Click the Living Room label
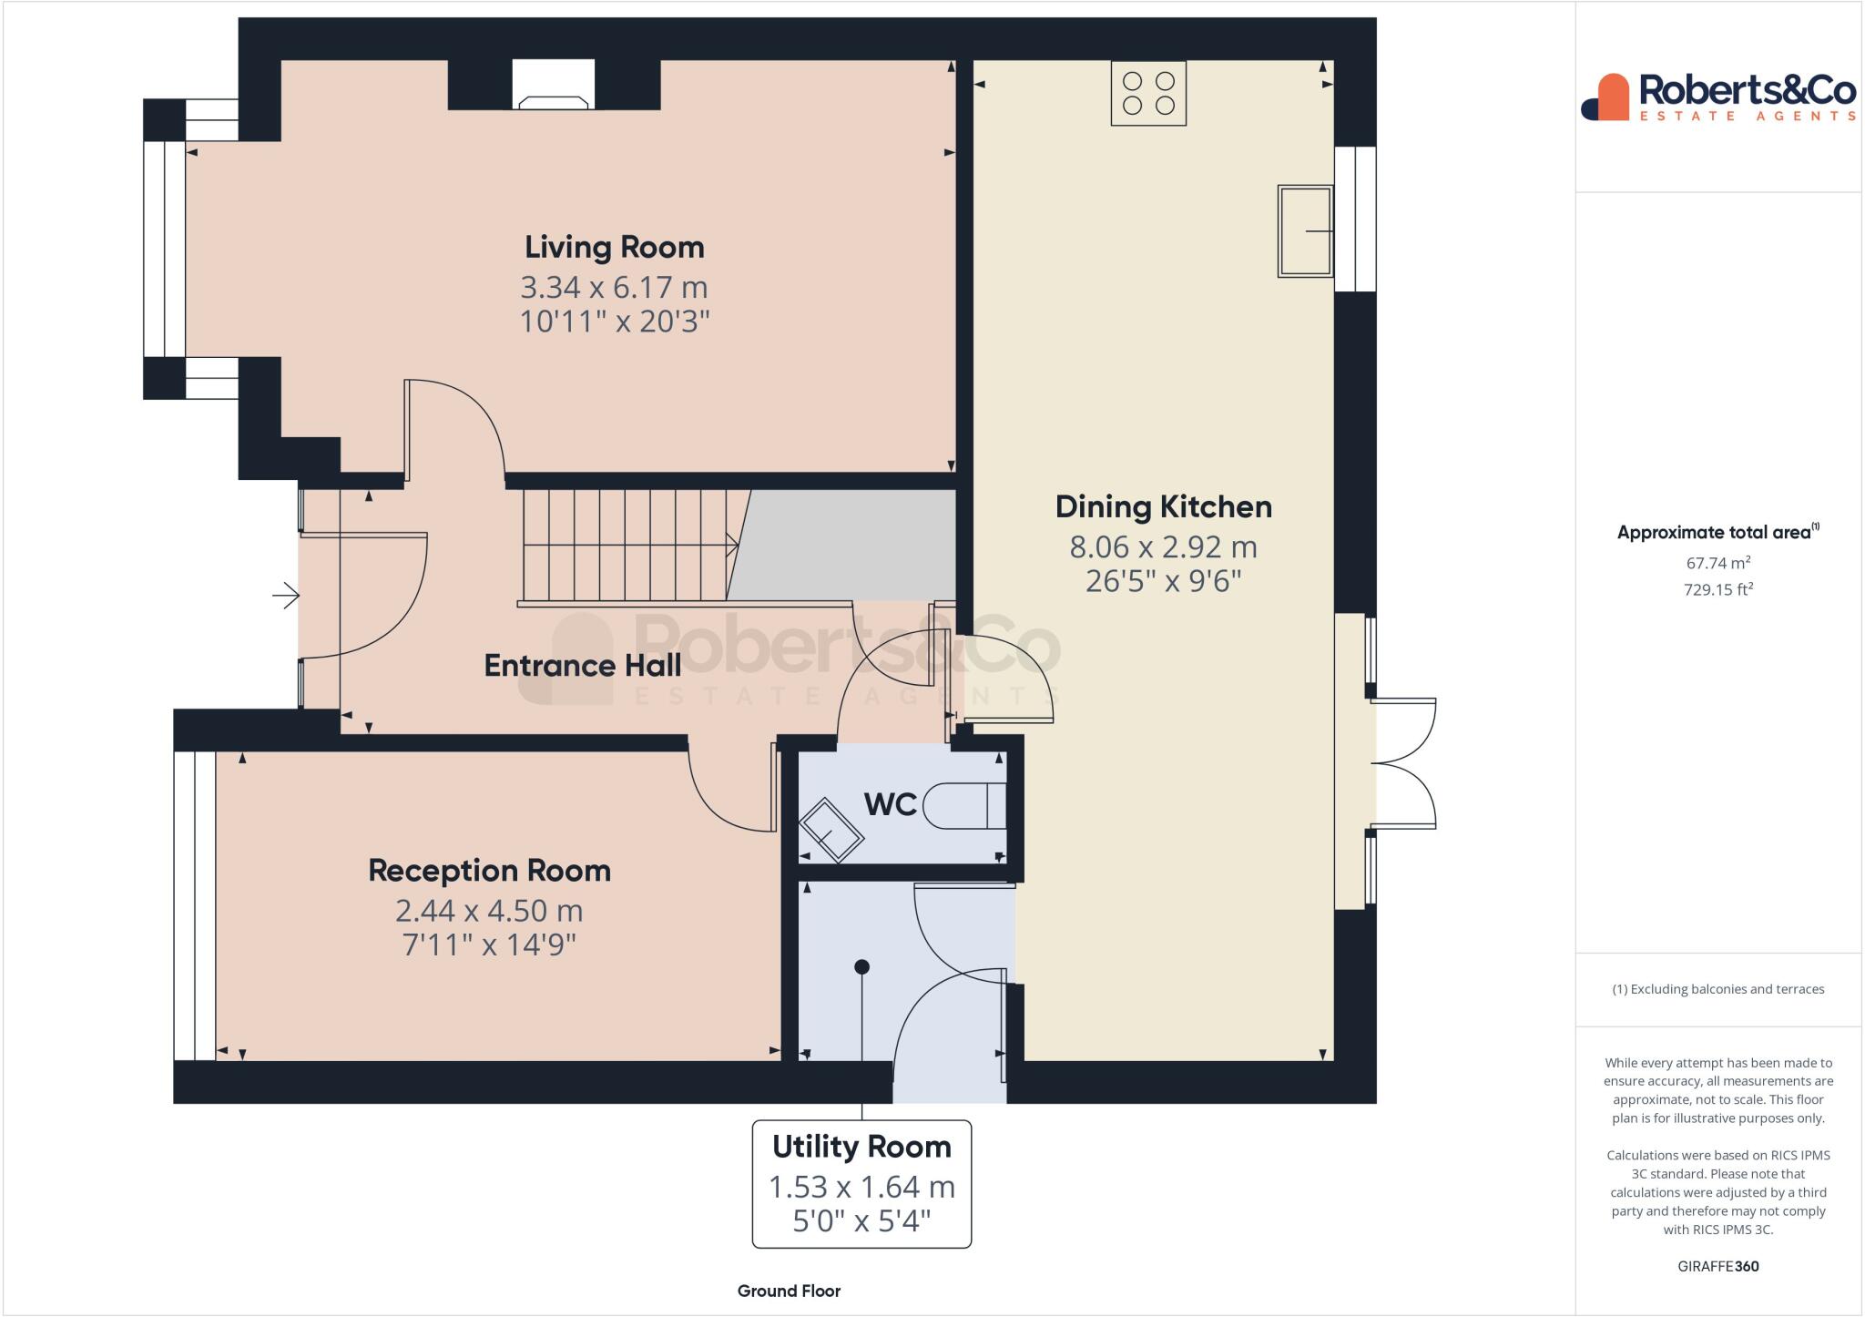coord(614,247)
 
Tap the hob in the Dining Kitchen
coord(1148,93)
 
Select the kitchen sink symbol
coord(1305,231)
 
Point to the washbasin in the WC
coord(831,830)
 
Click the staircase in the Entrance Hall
coord(628,546)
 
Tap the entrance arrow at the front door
coord(286,597)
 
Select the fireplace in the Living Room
coord(553,86)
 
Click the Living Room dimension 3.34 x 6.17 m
coord(614,287)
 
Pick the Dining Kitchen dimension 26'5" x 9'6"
coord(1163,581)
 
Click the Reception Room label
coord(489,871)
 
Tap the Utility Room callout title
coord(861,1147)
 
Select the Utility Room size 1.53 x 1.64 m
coord(861,1187)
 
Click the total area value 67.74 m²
coord(1717,563)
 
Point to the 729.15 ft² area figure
coord(1717,589)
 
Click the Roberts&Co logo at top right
coord(1717,97)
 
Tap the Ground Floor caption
coord(789,1291)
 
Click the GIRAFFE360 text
coord(1717,1266)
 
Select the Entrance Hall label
coord(582,666)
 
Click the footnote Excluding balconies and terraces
coord(1717,989)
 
